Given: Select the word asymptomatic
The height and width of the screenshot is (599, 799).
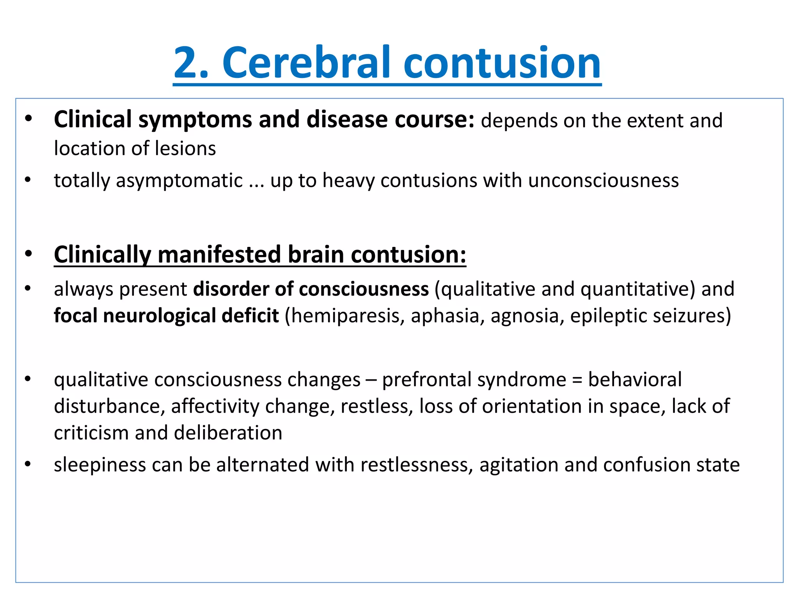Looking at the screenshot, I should pyautogui.click(x=179, y=181).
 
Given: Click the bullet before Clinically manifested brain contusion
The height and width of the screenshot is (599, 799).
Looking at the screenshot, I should pyautogui.click(x=28, y=254).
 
